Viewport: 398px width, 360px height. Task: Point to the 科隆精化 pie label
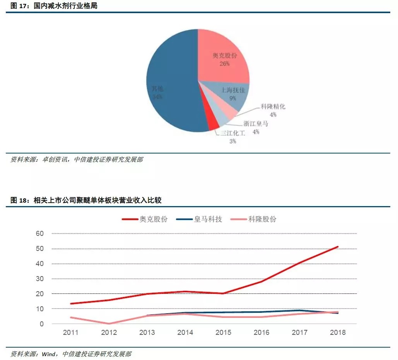(273, 107)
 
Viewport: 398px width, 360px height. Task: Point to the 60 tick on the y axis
(40, 234)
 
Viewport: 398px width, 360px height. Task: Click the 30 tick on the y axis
(40, 279)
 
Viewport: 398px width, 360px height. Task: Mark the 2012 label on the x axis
(109, 333)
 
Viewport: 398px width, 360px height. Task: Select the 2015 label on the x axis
(223, 333)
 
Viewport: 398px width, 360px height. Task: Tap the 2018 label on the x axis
(338, 333)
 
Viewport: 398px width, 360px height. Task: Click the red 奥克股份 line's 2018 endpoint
(338, 247)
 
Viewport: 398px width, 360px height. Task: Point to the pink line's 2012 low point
(109, 324)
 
